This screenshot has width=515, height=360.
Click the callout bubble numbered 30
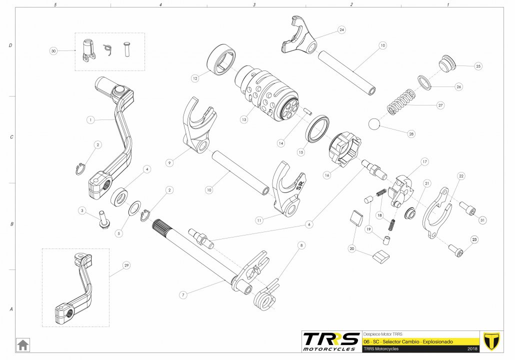pos(53,50)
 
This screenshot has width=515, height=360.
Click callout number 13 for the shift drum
pos(244,119)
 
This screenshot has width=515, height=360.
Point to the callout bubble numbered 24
pos(341,30)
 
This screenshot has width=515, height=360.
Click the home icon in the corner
pos(23,345)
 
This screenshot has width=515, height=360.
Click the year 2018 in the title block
pos(472,348)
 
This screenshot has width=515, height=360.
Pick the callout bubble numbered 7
pos(183,295)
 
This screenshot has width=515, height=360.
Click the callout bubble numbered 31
pos(482,220)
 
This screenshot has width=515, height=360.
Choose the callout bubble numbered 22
pos(461,176)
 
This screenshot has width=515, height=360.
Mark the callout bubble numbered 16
pos(327,175)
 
